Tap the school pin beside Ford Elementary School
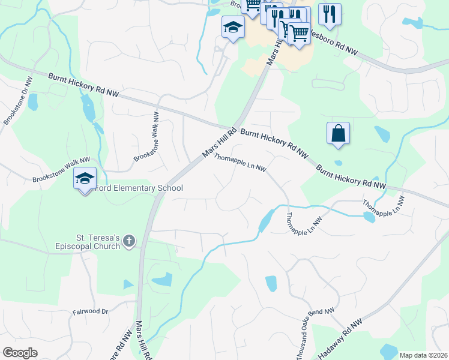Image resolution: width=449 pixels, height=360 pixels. [x=85, y=178]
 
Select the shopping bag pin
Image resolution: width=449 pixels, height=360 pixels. [x=338, y=133]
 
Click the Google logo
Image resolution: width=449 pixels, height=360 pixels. [x=20, y=352]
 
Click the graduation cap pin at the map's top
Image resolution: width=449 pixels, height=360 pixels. [x=232, y=27]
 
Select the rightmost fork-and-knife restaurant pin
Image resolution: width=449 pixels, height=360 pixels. [x=329, y=14]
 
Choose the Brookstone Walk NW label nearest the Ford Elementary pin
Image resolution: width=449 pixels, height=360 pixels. [x=61, y=169]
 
